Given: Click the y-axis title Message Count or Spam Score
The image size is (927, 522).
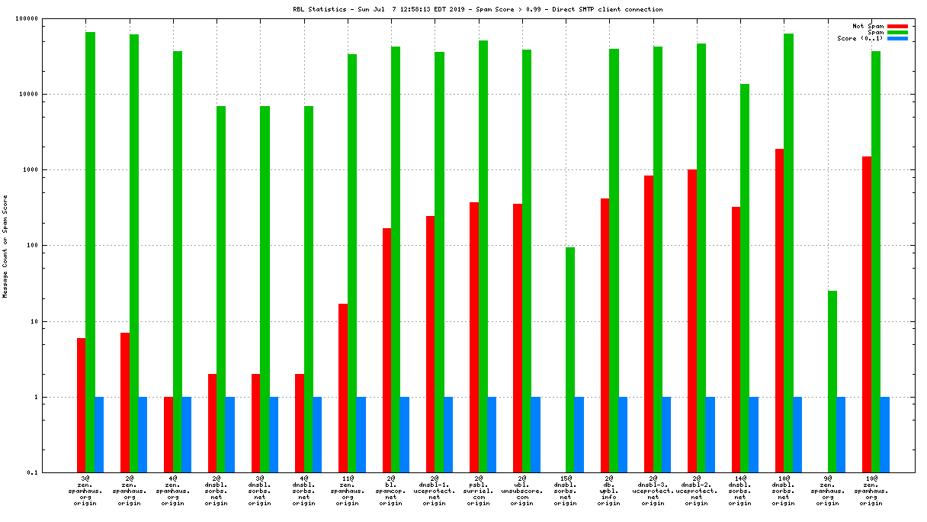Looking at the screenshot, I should point(5,246).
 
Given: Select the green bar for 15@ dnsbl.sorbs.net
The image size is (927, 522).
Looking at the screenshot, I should point(570,359).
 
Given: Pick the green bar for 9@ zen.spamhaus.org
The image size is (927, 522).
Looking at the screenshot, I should point(832,382).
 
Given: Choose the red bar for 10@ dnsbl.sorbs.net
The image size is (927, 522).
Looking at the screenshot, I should point(779,310).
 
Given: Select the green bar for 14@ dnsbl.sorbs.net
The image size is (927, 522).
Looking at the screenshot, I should point(745,278).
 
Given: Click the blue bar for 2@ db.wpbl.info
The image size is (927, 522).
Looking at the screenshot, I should point(623,434).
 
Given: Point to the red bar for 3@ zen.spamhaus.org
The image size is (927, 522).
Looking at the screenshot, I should point(81,404).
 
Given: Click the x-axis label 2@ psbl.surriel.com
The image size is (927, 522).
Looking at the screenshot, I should point(478,491).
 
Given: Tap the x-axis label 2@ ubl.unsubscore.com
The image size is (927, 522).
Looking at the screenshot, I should point(521,491).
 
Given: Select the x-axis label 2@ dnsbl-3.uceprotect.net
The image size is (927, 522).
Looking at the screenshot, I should point(653,491).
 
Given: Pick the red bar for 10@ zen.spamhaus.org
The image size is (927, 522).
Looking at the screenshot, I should point(867,314).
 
